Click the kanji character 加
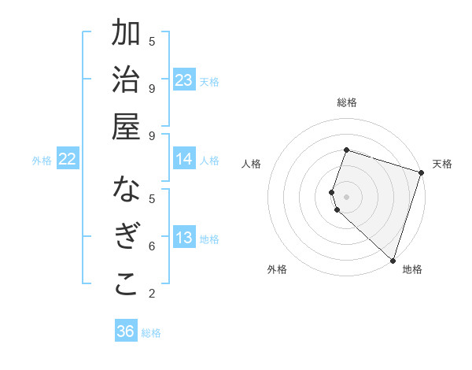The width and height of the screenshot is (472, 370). pyautogui.click(x=126, y=35)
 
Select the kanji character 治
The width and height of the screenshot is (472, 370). pyautogui.click(x=126, y=81)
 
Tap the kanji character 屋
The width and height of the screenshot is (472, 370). pyautogui.click(x=126, y=127)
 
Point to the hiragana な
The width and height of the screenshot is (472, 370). pyautogui.click(x=126, y=191)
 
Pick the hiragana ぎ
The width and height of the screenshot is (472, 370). pyautogui.click(x=126, y=238)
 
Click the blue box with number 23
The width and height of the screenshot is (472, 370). pyautogui.click(x=184, y=80)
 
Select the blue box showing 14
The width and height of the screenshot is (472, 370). pyautogui.click(x=184, y=159)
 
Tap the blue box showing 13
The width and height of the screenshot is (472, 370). pyautogui.click(x=184, y=238)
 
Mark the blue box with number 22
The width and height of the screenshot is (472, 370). pyautogui.click(x=68, y=159)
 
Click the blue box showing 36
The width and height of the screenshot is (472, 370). pyautogui.click(x=126, y=331)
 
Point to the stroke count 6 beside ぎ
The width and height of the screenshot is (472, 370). pyautogui.click(x=152, y=246)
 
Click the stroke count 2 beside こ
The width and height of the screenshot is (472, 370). pyautogui.click(x=152, y=294)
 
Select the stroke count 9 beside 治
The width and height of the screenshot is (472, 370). pyautogui.click(x=152, y=88)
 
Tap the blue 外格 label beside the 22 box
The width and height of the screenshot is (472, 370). pyautogui.click(x=42, y=161)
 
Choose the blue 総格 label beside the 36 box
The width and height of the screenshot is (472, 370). pyautogui.click(x=151, y=333)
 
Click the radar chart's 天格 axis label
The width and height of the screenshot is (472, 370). pyautogui.click(x=442, y=164)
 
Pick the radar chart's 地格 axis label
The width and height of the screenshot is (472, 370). pyautogui.click(x=412, y=269)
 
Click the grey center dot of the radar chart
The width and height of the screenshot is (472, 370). pyautogui.click(x=346, y=196)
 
